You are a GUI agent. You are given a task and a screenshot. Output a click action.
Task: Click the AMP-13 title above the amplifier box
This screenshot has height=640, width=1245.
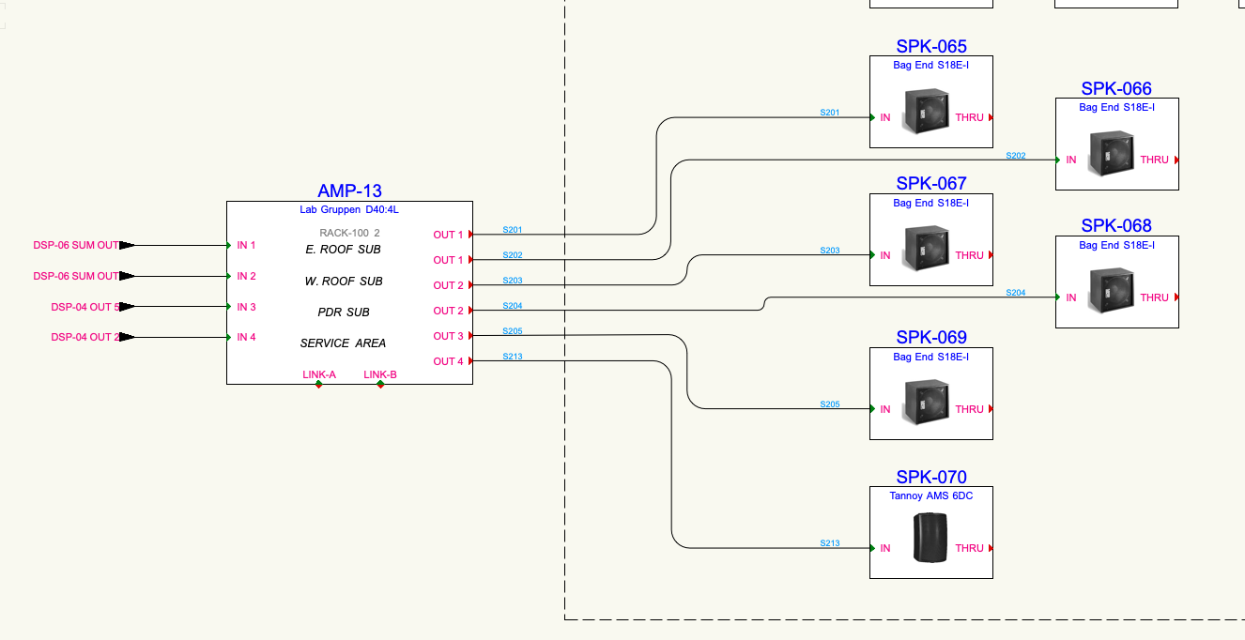(x=349, y=190)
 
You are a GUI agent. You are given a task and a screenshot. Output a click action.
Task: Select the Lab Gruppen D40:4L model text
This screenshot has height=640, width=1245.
(x=349, y=210)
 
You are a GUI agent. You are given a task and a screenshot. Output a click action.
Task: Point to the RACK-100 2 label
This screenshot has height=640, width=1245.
(x=349, y=233)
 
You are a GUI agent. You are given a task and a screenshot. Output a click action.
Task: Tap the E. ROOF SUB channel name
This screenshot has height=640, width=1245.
(x=343, y=250)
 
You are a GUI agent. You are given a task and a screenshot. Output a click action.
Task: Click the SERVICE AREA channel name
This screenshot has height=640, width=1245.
(x=343, y=343)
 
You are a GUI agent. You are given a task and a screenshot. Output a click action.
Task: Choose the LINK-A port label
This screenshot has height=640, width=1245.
(x=319, y=374)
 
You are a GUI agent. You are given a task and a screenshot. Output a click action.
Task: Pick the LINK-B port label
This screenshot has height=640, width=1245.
(x=380, y=374)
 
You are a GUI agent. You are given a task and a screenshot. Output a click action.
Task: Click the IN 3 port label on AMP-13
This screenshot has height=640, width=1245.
(x=246, y=307)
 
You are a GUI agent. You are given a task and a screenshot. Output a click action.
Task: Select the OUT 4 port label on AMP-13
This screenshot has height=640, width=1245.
(x=448, y=361)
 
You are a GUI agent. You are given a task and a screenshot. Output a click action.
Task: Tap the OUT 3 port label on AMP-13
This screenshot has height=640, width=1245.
(x=448, y=336)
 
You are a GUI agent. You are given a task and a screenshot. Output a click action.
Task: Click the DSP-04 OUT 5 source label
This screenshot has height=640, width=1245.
(x=85, y=307)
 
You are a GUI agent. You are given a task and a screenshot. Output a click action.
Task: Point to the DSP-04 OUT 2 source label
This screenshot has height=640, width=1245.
(x=85, y=337)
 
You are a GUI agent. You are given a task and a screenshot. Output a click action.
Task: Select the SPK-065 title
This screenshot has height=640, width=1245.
(x=930, y=46)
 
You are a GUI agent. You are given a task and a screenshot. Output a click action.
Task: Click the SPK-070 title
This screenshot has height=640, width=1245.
(x=930, y=477)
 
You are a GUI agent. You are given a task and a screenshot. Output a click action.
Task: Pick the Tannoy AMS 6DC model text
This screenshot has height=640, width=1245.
(x=930, y=495)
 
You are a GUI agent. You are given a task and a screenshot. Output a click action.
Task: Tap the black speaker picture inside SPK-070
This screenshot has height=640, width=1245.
(x=930, y=538)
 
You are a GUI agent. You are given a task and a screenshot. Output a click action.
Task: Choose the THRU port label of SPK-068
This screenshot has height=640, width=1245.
(x=1154, y=297)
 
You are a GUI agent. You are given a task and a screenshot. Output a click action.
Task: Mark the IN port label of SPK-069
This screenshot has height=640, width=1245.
(x=884, y=409)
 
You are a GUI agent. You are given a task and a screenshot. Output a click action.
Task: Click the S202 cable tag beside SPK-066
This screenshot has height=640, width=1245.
(x=1016, y=156)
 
